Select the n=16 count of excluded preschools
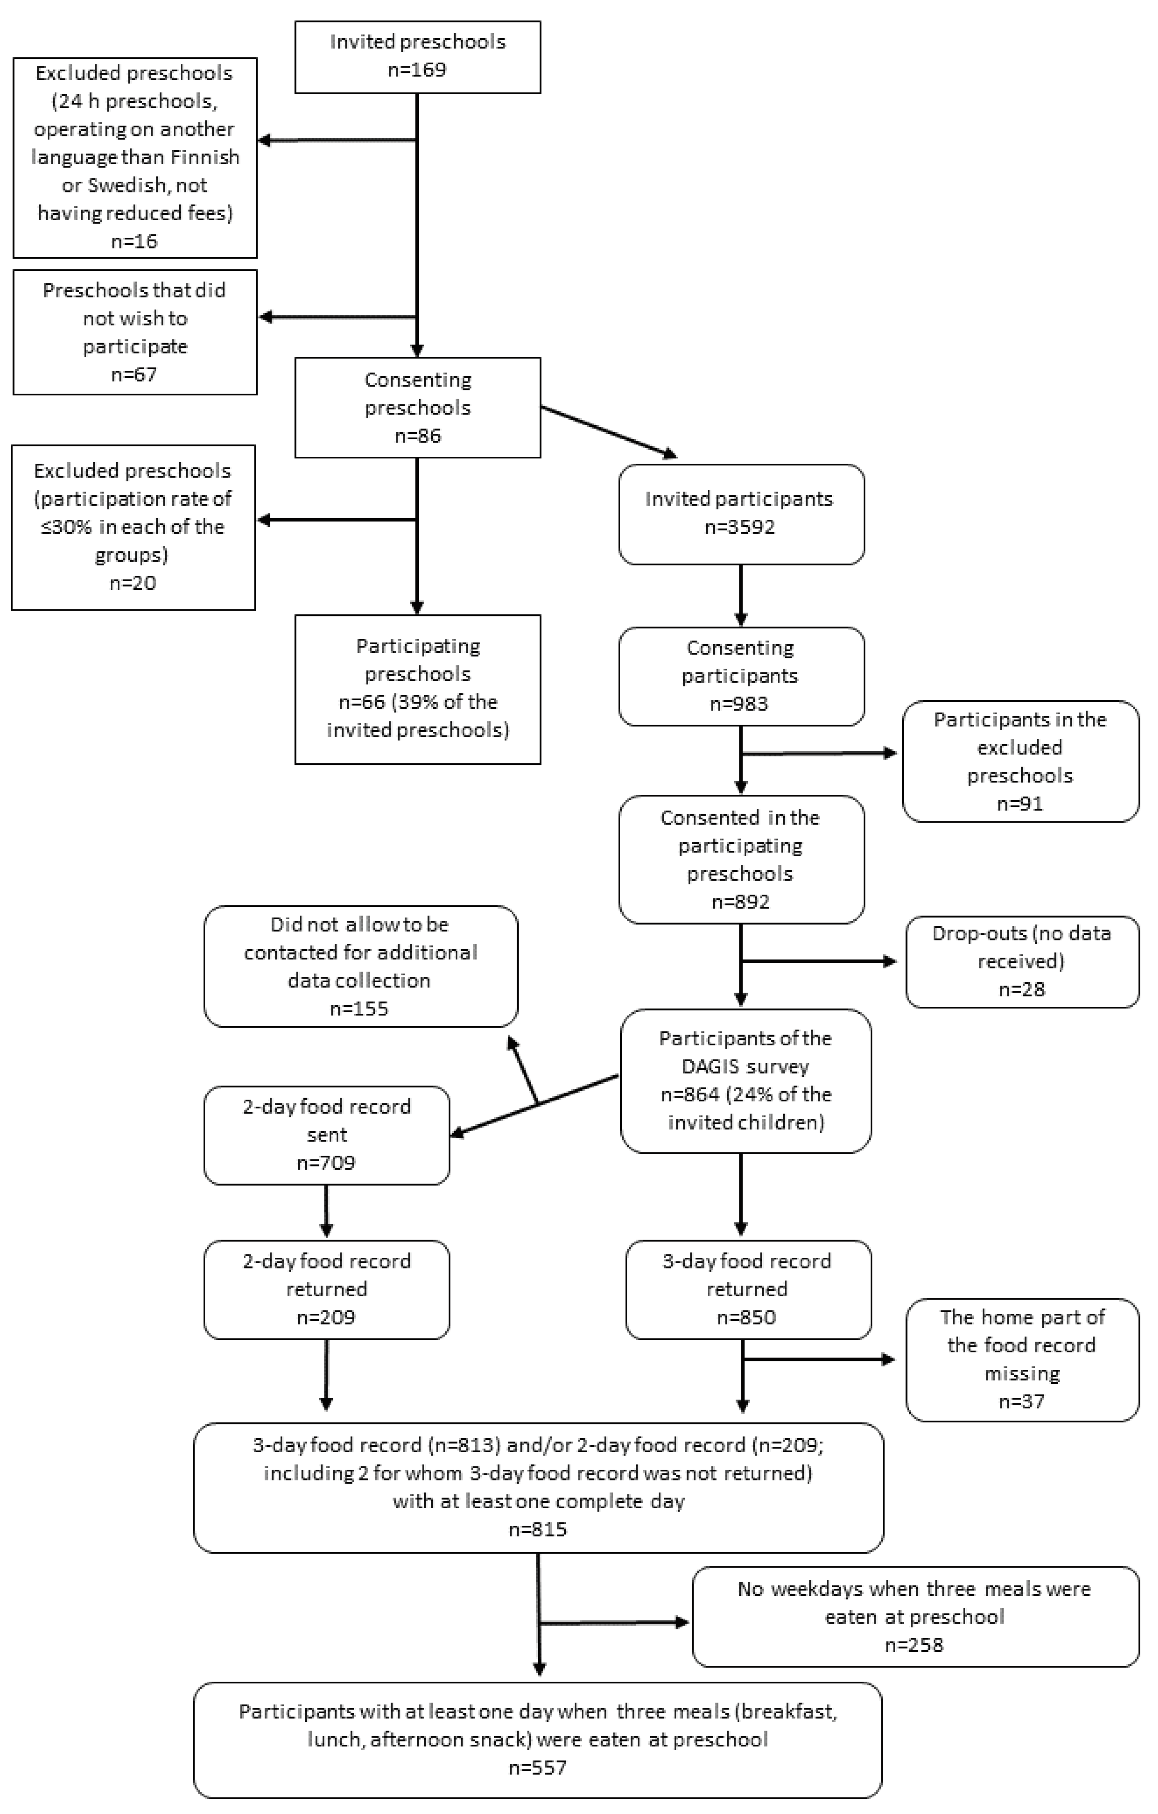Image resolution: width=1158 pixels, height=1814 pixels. tap(134, 241)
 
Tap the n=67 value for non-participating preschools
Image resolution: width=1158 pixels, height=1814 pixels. tap(134, 375)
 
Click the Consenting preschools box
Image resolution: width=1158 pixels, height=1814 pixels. tap(417, 407)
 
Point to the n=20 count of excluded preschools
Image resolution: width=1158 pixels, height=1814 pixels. tap(133, 583)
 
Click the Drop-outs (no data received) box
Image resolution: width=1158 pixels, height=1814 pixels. tap(1022, 961)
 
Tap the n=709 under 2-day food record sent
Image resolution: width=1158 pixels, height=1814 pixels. tap(325, 1162)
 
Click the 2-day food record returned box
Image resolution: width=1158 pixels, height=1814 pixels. tap(326, 1289)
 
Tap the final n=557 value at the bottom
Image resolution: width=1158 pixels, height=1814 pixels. tap(538, 1767)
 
